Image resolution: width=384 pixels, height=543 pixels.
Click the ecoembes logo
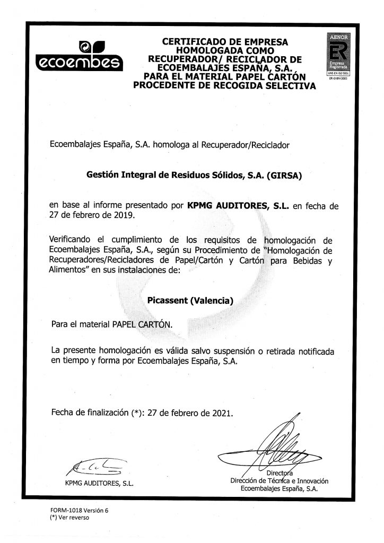coord(78,56)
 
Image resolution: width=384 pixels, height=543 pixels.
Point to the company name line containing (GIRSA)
coord(193,179)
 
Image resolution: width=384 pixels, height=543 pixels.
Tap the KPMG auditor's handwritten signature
coord(94,466)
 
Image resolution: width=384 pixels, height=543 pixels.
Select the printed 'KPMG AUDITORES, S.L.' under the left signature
coord(98,484)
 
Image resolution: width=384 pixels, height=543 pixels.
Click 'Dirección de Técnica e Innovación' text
coord(276,481)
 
